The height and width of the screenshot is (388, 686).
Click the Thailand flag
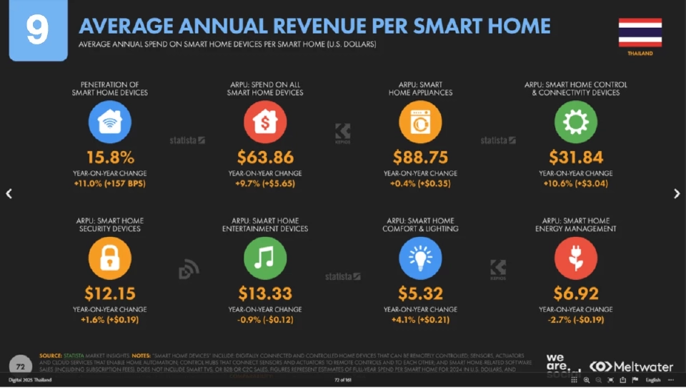pos(640,32)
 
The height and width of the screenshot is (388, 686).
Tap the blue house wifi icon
pos(110,122)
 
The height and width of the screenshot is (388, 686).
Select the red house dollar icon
pos(265,122)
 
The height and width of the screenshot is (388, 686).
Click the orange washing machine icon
pos(420,122)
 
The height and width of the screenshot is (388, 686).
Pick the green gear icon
pos(575,122)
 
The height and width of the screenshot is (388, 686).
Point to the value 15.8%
pos(110,157)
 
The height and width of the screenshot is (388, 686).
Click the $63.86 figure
pos(265,157)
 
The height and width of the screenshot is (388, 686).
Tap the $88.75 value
pos(420,157)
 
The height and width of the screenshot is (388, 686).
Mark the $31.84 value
pos(575,157)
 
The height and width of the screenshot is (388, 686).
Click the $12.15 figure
pos(110,293)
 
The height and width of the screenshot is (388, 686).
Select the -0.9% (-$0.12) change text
pos(265,319)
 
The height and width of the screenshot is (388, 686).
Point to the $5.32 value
pos(420,293)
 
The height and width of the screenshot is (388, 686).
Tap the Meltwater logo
pos(632,367)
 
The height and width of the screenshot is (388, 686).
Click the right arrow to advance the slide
pos(677,193)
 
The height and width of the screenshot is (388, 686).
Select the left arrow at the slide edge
pos(9,193)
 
